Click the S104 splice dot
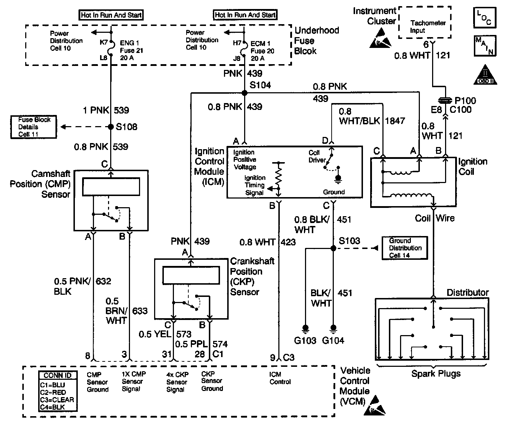tap(244, 93)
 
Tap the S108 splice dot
tap(111, 127)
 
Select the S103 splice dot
tap(333, 248)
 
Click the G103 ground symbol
tap(305, 328)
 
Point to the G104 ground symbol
tap(333, 328)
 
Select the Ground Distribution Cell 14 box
tap(405, 248)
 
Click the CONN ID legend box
tap(57, 391)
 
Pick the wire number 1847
tap(395, 121)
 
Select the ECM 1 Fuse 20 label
tap(263, 51)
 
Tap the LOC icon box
tap(484, 18)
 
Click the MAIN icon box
tap(485, 46)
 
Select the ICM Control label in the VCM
tap(280, 378)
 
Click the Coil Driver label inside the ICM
tap(317, 156)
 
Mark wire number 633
tap(140, 311)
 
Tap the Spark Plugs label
tap(436, 373)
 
